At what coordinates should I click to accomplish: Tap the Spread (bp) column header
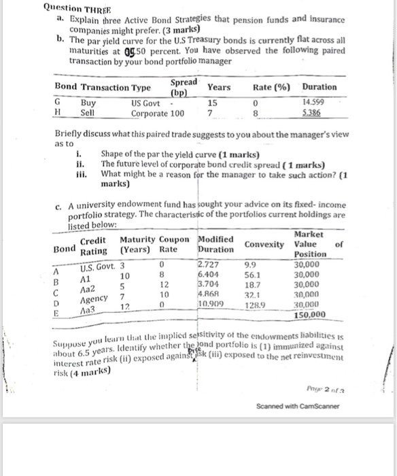click(184, 86)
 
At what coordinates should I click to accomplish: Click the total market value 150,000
click(310, 314)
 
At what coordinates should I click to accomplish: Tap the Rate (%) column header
click(271, 87)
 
